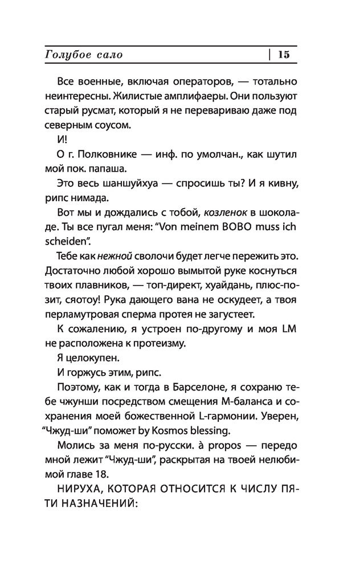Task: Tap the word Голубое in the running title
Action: (x=64, y=55)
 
